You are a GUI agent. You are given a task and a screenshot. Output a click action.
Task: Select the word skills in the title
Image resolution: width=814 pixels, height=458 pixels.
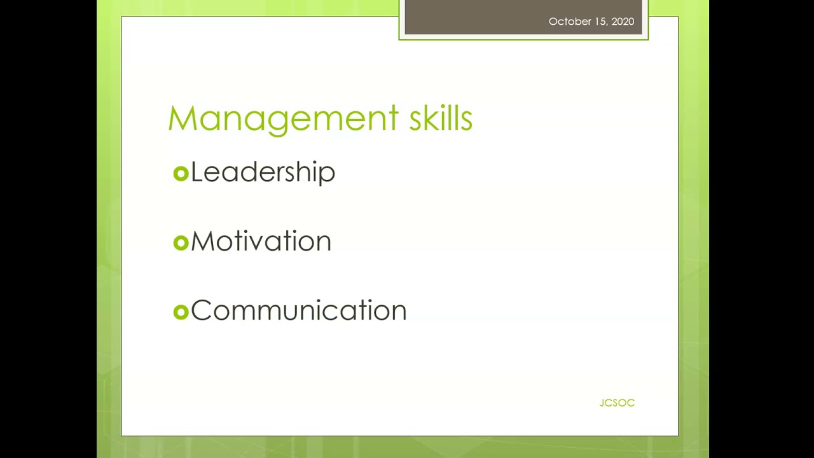pyautogui.click(x=440, y=119)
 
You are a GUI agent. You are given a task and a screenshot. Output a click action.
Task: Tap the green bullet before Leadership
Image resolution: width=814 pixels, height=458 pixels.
pyautogui.click(x=181, y=174)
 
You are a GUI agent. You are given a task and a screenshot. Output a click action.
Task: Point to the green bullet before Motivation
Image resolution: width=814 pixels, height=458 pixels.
pyautogui.click(x=181, y=242)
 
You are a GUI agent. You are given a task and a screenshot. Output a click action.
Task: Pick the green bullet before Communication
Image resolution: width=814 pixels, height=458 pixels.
pyautogui.click(x=181, y=312)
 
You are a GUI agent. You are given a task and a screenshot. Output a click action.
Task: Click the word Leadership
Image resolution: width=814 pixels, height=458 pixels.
pyautogui.click(x=263, y=172)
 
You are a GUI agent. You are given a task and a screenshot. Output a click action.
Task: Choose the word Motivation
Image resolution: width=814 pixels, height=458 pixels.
pyautogui.click(x=261, y=242)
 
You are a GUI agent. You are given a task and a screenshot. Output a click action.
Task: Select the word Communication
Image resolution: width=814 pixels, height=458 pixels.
pyautogui.click(x=298, y=311)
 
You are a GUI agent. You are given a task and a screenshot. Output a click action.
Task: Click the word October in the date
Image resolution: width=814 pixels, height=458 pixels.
pyautogui.click(x=569, y=22)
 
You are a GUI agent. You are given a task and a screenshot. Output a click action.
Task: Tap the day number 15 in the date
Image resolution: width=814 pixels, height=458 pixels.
pyautogui.click(x=600, y=22)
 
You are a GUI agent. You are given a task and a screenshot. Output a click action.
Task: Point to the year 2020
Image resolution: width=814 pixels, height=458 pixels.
pyautogui.click(x=623, y=22)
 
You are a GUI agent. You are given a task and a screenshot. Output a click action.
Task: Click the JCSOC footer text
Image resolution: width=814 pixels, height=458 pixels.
pyautogui.click(x=617, y=403)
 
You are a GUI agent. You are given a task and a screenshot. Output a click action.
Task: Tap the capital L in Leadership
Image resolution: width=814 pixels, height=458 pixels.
pyautogui.click(x=197, y=172)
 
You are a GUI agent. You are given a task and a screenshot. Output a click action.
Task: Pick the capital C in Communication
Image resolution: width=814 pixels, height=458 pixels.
pyautogui.click(x=201, y=311)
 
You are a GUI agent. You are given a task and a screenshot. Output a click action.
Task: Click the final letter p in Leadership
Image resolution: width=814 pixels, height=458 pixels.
pyautogui.click(x=328, y=176)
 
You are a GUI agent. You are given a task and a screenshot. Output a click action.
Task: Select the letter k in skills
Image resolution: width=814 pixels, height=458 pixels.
pyautogui.click(x=428, y=119)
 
